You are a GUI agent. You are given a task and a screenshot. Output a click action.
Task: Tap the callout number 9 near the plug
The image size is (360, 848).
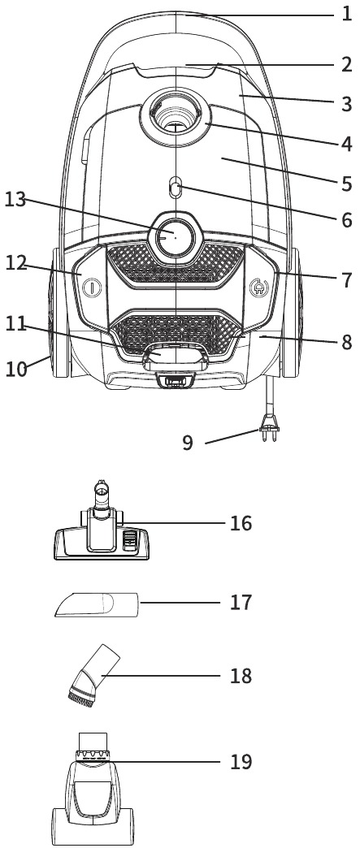[187, 443]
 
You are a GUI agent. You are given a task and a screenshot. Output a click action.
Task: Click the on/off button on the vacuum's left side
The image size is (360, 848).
[92, 287]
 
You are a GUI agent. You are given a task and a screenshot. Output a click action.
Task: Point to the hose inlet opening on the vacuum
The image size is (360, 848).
[176, 115]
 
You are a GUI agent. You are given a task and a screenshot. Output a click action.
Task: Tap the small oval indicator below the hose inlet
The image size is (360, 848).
[175, 187]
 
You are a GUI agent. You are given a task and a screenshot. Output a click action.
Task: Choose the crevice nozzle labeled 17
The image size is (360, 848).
[97, 604]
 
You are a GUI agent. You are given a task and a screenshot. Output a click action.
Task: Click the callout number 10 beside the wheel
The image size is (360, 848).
[16, 369]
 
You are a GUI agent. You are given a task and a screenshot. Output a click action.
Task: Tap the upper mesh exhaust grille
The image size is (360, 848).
[175, 263]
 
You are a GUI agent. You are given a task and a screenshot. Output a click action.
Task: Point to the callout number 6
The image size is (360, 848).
[346, 220]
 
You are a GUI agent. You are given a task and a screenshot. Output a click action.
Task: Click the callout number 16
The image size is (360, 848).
[241, 524]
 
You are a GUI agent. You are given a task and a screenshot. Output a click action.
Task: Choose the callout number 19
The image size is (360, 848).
[241, 761]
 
